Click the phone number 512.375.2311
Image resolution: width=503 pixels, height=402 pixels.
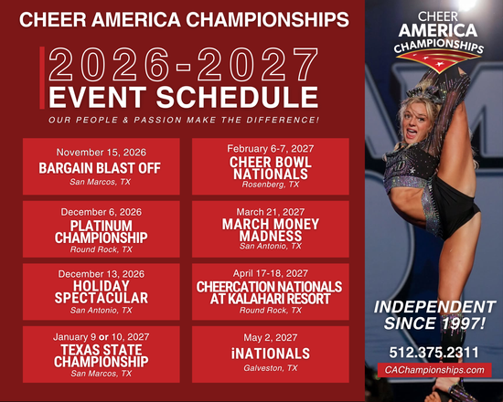(433, 351)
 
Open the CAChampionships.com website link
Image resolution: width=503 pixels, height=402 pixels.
(433, 370)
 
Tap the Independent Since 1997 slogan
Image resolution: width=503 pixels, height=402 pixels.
(433, 314)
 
